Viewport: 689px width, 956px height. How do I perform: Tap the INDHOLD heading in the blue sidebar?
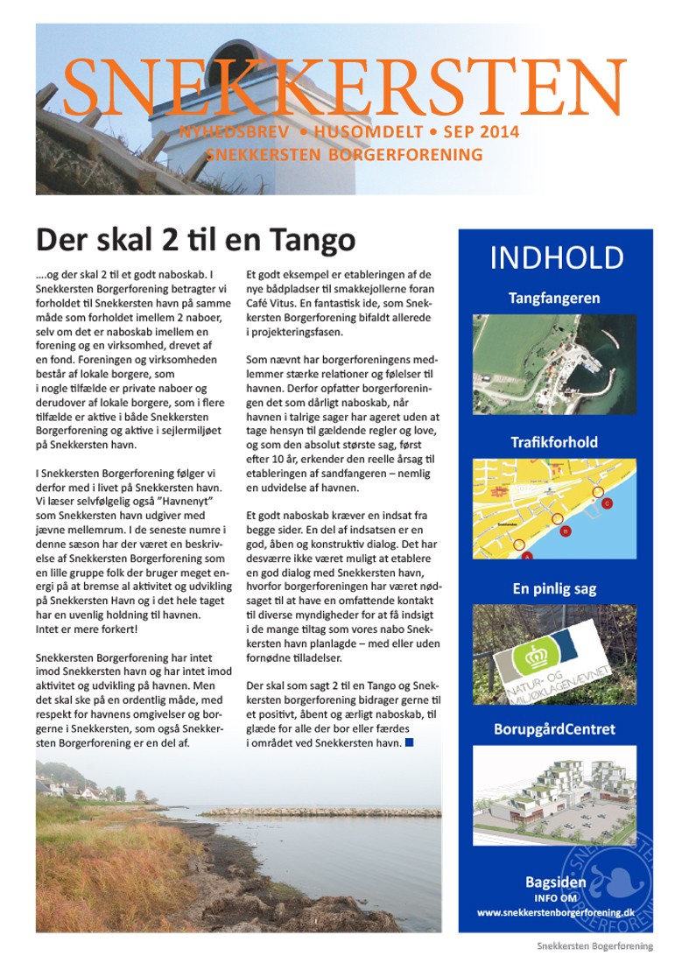(556, 258)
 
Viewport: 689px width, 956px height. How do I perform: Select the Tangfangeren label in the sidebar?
(555, 299)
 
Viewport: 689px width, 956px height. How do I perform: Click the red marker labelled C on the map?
(607, 503)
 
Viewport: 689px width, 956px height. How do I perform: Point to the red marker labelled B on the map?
(566, 531)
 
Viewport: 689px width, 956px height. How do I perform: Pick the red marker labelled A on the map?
(527, 555)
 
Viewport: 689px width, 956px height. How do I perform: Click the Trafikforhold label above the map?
(555, 442)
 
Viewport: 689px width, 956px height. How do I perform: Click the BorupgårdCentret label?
(555, 728)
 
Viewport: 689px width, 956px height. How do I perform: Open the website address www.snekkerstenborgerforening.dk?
(555, 911)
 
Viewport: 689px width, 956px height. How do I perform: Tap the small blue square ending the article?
(409, 743)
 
